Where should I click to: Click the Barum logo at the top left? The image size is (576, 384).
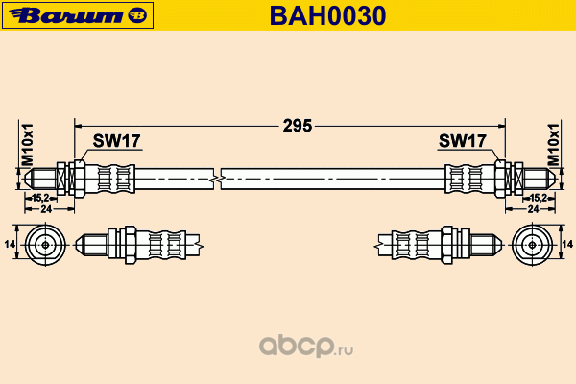coord(78,15)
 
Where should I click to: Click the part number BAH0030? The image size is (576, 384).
coord(327,15)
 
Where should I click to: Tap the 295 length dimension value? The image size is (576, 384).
coord(298,126)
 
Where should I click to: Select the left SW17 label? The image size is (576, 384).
coord(116,141)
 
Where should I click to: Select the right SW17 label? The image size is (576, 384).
coord(462,141)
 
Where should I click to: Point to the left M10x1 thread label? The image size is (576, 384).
coord(28,144)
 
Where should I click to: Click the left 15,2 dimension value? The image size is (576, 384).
coord(40,198)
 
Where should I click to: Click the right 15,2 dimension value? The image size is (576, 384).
coord(539,198)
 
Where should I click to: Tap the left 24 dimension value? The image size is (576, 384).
coord(46,209)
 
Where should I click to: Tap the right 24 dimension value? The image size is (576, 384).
coord(533,209)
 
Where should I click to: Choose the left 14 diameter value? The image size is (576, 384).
coord(10,244)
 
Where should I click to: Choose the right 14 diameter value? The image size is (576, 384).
coord(567,244)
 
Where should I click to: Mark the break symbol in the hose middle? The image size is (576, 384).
coord(218,180)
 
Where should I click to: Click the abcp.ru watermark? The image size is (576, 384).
coord(306,346)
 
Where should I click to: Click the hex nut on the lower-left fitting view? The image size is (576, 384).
coord(131,245)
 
